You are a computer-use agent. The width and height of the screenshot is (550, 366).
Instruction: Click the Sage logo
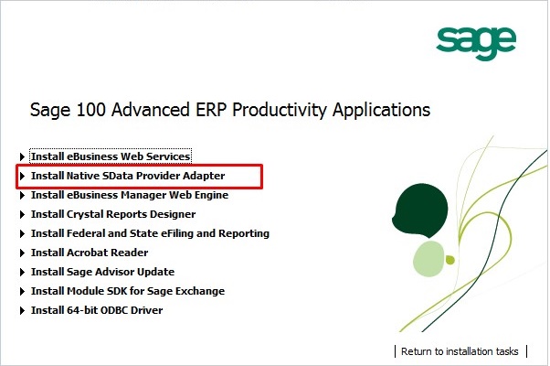pyautogui.click(x=476, y=43)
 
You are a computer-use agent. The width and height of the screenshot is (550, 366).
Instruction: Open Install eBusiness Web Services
pyautogui.click(x=111, y=156)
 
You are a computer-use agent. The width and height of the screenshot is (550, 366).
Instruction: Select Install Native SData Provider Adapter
pyautogui.click(x=128, y=176)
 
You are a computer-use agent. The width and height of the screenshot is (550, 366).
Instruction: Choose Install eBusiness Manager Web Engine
pyautogui.click(x=130, y=195)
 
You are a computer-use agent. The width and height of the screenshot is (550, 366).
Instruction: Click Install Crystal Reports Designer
pyautogui.click(x=113, y=214)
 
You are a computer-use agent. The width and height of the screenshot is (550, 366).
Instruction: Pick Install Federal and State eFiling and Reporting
pyautogui.click(x=150, y=233)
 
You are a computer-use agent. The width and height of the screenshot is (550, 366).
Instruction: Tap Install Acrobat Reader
pyautogui.click(x=90, y=253)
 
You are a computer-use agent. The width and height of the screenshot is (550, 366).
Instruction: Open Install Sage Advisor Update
pyautogui.click(x=102, y=272)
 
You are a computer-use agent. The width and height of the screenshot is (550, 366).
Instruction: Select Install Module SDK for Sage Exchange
pyautogui.click(x=128, y=291)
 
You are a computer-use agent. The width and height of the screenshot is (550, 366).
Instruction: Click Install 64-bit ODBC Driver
pyautogui.click(x=97, y=310)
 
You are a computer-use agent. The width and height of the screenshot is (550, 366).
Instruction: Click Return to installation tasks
pyautogui.click(x=460, y=351)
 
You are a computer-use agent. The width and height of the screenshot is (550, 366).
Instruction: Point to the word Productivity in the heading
pyautogui.click(x=280, y=110)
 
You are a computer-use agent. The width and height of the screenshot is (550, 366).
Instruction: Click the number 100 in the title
pyautogui.click(x=90, y=109)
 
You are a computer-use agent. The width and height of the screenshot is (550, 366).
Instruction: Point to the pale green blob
pyautogui.click(x=428, y=259)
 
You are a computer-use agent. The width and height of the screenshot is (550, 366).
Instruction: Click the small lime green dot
pyautogui.click(x=450, y=260)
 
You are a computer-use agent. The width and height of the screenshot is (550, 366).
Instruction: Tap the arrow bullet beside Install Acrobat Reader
pyautogui.click(x=22, y=253)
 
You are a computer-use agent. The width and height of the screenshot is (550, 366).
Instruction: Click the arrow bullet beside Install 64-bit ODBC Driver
pyautogui.click(x=22, y=310)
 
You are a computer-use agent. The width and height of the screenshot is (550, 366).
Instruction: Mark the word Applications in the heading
pyautogui.click(x=381, y=110)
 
